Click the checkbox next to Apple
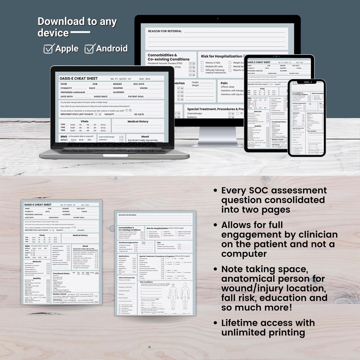point(49,49)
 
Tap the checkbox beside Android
point(89,49)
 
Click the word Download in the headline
point(61,22)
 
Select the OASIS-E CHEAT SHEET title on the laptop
point(79,78)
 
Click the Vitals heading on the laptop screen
point(84,122)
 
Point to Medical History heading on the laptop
point(138,122)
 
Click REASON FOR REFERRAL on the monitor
point(165,31)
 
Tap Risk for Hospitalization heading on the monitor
point(221,56)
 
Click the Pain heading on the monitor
point(224,83)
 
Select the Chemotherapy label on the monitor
point(195,113)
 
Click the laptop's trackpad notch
point(111,155)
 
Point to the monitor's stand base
point(217,144)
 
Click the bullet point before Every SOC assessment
point(216,191)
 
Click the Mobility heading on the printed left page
point(37,278)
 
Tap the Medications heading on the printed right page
point(124,256)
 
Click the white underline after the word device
point(80,33)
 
